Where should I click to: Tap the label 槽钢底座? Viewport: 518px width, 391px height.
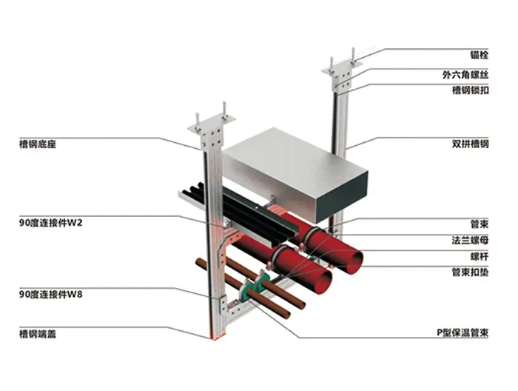(x=38, y=144)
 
